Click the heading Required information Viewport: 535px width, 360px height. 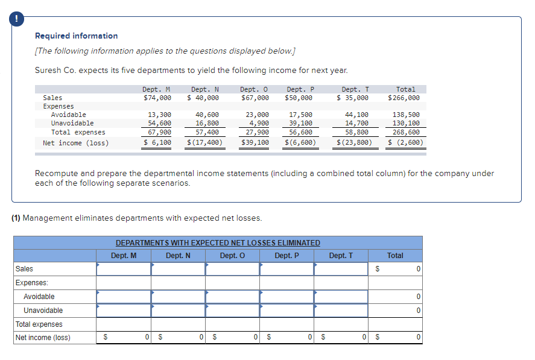[77, 36]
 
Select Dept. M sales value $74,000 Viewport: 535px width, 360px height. [157, 98]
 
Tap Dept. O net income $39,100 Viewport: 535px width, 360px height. [255, 143]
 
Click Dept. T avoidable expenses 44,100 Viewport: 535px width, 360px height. [356, 115]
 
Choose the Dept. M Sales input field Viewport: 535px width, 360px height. [124, 269]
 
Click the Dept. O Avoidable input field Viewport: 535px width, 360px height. [232, 297]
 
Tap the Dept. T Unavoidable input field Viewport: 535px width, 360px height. [341, 311]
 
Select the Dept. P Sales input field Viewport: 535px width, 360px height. [286, 269]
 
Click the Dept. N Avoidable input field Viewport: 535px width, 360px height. [178, 297]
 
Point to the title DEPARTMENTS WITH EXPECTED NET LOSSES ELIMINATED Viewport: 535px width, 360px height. [218, 243]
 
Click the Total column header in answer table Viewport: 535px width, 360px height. [395, 256]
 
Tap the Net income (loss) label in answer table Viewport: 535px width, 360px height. [43, 338]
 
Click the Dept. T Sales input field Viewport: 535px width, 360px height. [341, 269]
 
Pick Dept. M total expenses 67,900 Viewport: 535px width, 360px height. [159, 132]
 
